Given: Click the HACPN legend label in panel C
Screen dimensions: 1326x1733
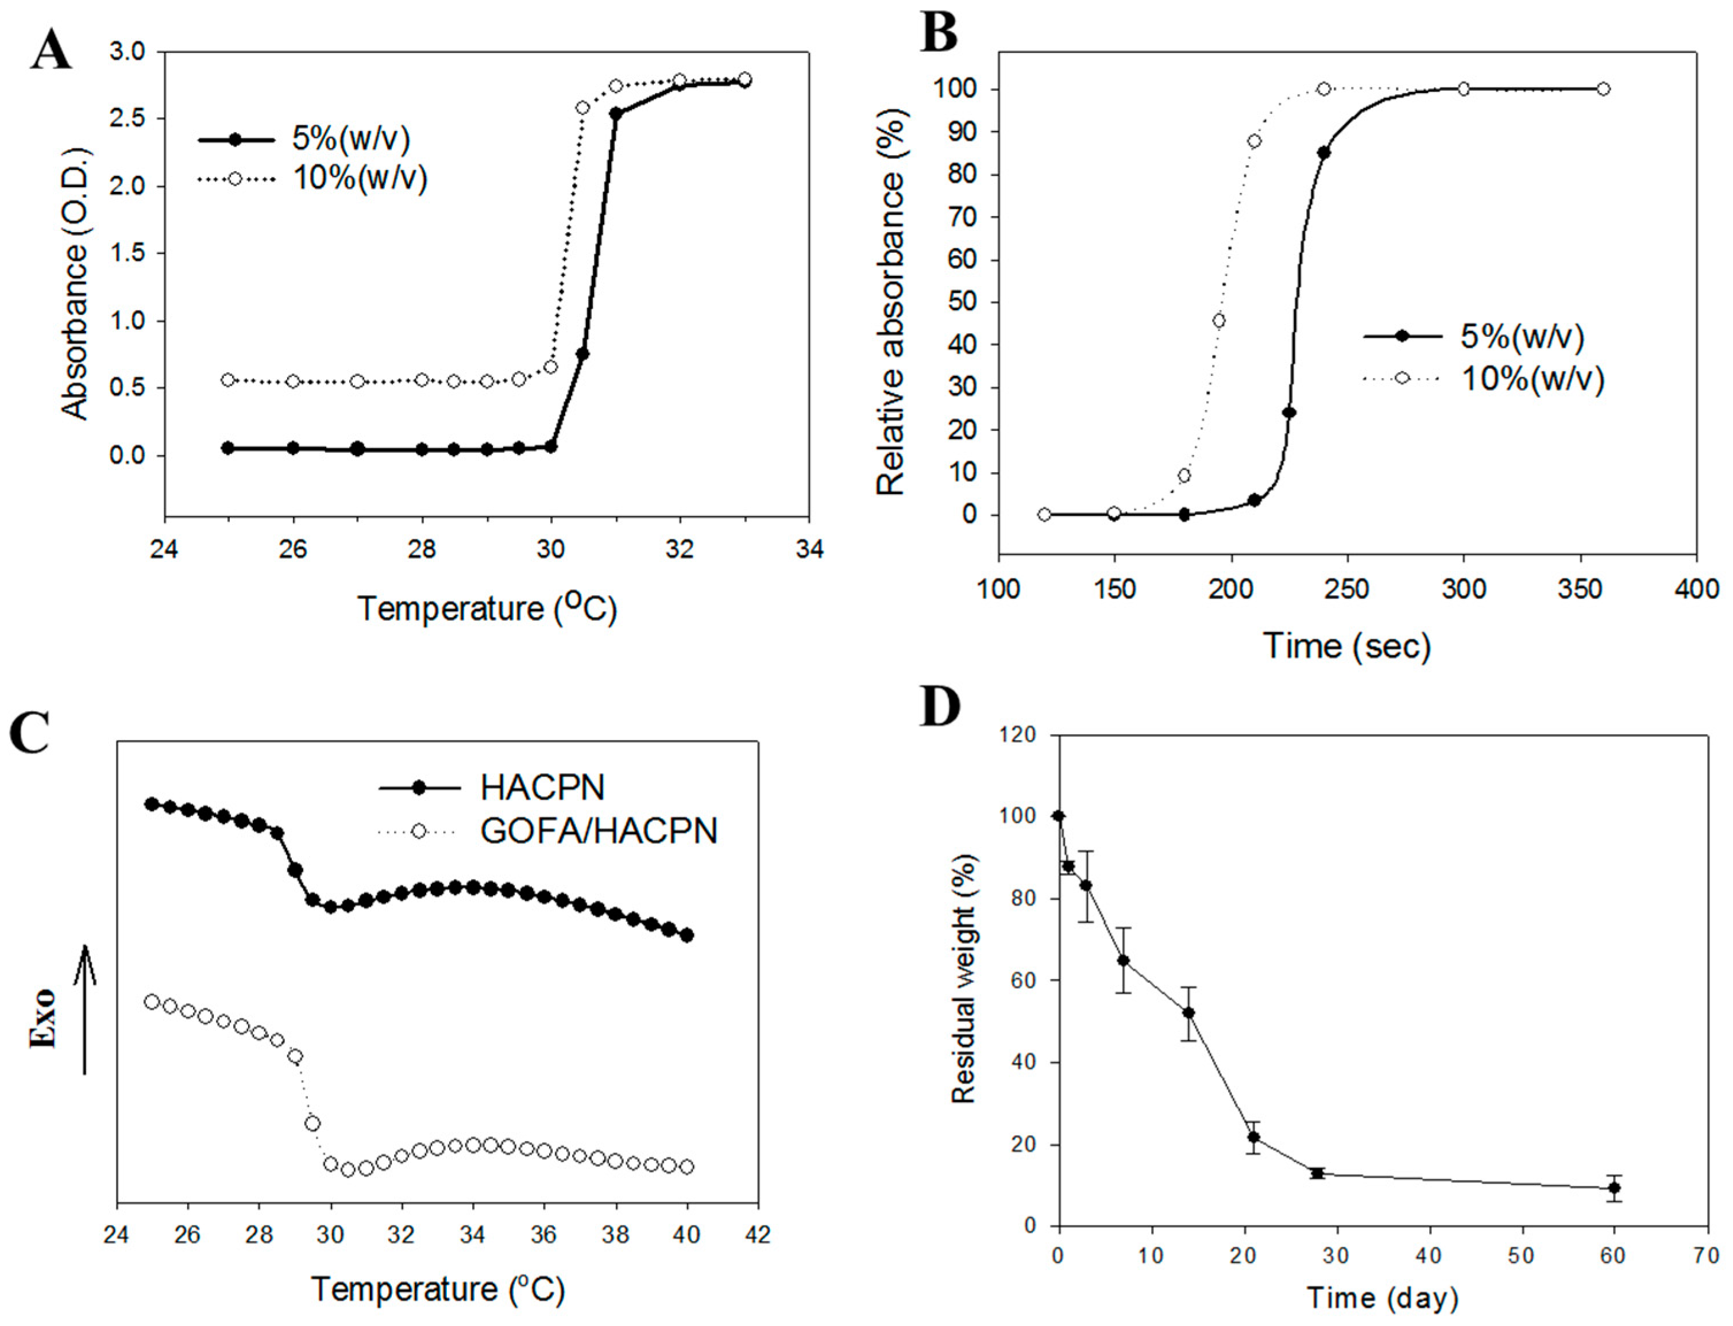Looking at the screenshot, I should point(543,787).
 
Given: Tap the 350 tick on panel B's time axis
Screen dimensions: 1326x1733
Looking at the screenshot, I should point(1580,589).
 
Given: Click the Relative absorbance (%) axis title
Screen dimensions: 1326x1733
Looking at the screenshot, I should point(891,302).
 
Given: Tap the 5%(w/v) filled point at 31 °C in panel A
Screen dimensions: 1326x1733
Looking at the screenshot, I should point(616,114).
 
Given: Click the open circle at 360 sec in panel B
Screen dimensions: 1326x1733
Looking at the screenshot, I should point(1603,89).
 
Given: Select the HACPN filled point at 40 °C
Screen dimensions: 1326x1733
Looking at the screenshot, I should point(686,935).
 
